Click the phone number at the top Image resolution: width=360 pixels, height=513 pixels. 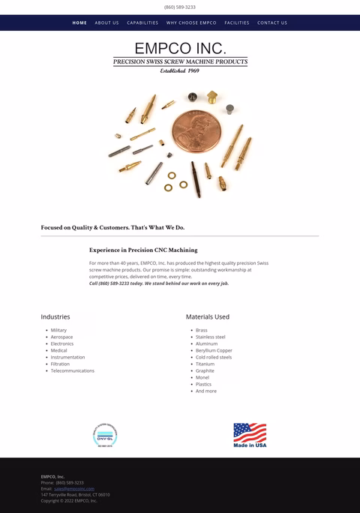coord(180,7)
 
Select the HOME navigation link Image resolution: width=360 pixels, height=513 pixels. coord(79,22)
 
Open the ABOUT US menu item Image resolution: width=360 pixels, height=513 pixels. coord(106,22)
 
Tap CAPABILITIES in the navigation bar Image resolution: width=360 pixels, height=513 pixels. coord(142,22)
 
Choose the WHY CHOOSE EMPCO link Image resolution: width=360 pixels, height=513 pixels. coord(191,22)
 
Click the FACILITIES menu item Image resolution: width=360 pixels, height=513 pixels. coord(237,22)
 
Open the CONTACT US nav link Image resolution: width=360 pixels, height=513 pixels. coord(272,22)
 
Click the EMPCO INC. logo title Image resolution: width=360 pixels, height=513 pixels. coord(180,49)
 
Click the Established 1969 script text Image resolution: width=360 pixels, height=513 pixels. coord(180,70)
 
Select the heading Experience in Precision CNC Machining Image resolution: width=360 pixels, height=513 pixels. coord(143,250)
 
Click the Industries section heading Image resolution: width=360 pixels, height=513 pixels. coord(55,316)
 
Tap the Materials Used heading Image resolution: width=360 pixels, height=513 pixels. coord(208,316)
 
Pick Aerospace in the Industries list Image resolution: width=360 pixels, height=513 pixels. coord(61,337)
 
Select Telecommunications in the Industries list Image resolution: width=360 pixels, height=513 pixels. coord(72,370)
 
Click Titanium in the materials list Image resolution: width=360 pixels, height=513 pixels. coord(205,364)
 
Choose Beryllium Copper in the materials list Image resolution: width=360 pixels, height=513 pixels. coord(214,350)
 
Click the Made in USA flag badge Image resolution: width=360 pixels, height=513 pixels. coord(250,435)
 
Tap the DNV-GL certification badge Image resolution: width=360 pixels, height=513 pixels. coord(105,436)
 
